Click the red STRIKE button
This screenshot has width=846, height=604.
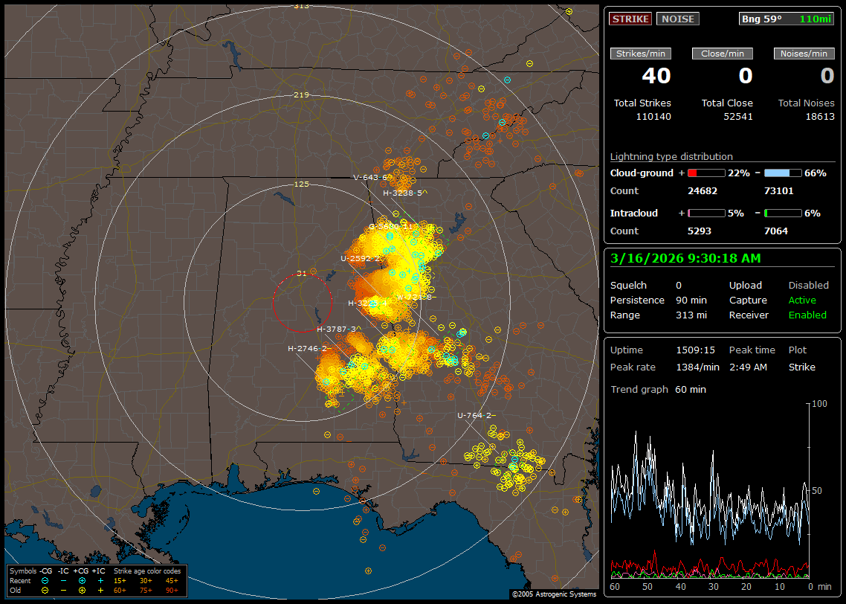point(630,19)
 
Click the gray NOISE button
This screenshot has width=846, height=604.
point(677,19)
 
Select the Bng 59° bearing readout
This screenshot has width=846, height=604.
point(762,19)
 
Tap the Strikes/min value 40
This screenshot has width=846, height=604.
point(656,76)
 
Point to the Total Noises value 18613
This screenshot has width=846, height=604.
point(818,116)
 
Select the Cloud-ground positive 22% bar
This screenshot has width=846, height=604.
point(705,173)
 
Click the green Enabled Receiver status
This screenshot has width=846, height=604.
point(807,315)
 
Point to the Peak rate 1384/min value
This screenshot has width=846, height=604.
point(697,367)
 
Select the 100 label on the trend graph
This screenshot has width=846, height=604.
point(819,403)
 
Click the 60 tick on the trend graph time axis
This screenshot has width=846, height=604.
point(615,586)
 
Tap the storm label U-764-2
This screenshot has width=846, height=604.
point(477,415)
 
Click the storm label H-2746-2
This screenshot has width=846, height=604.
point(309,348)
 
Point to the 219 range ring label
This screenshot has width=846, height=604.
point(301,95)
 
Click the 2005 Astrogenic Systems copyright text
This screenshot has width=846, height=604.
point(554,594)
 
